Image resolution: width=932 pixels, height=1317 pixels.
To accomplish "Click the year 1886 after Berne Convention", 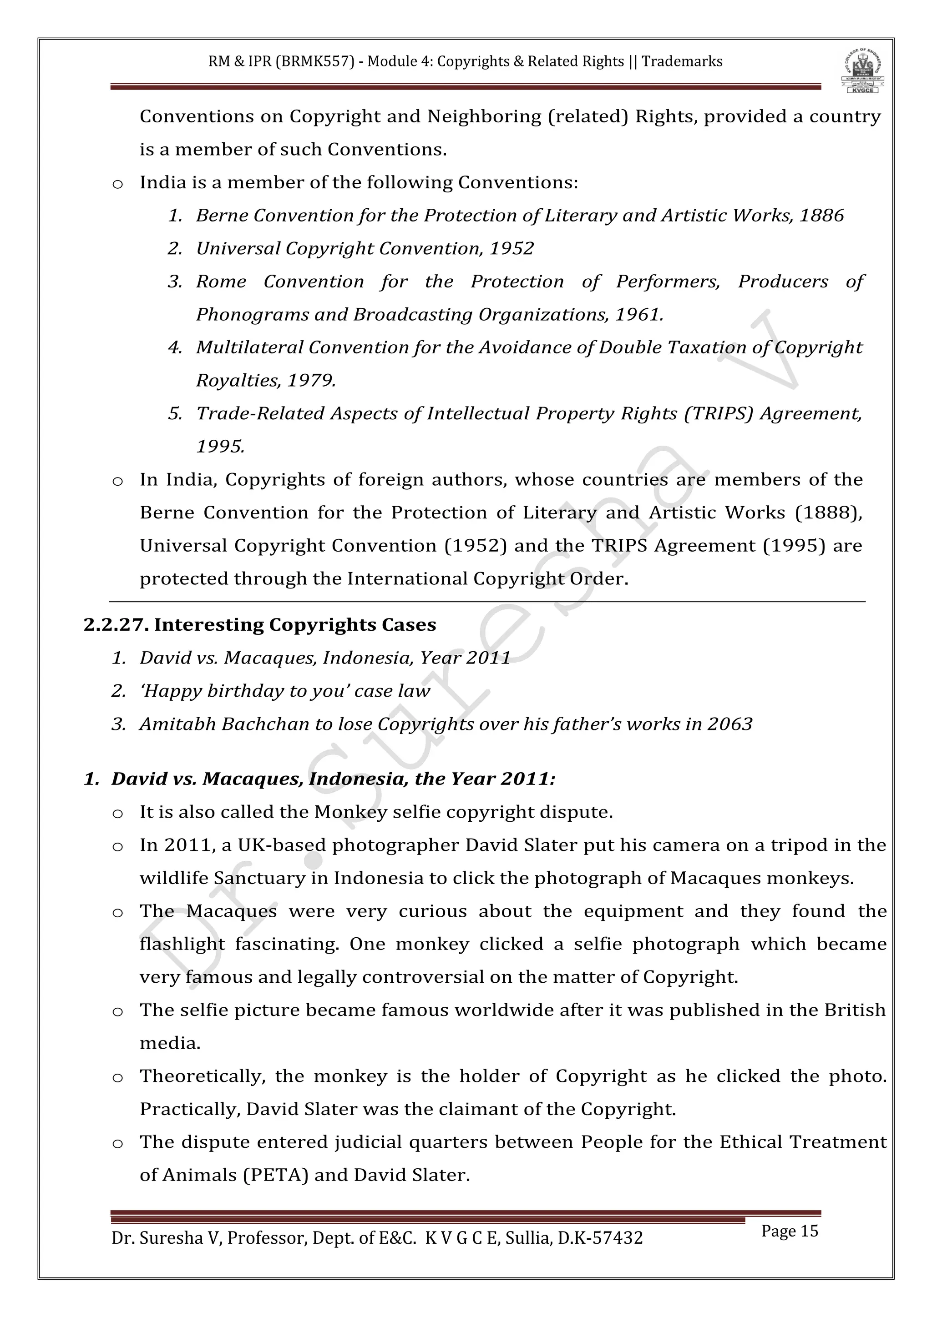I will [x=821, y=216].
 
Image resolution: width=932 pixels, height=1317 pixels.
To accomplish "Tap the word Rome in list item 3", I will [x=221, y=281].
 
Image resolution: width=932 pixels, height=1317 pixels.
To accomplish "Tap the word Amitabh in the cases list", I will [x=178, y=724].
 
